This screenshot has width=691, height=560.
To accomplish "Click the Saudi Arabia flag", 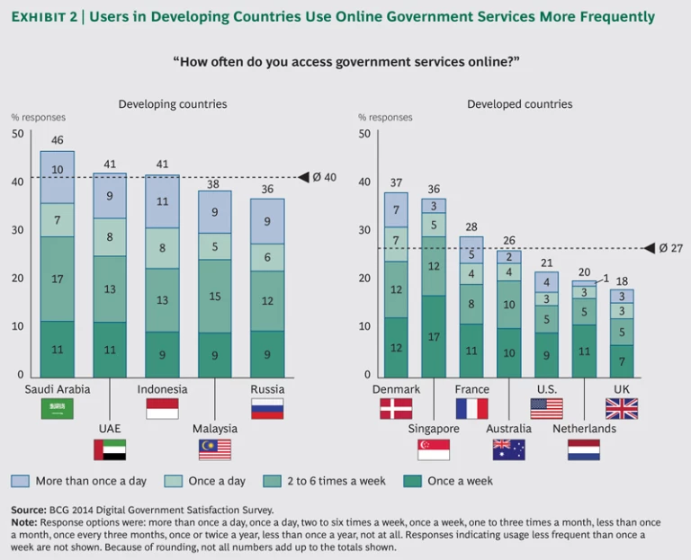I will pos(58,408).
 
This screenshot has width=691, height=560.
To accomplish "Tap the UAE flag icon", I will pos(110,449).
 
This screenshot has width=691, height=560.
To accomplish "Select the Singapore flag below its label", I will pos(434,449).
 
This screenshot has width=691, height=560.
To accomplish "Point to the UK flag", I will pos(622,408).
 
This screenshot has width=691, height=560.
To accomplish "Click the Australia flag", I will pos(509,449).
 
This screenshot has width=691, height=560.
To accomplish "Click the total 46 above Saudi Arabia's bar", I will pos(58,140).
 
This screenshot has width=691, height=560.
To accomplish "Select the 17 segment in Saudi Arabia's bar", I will pos(58,279).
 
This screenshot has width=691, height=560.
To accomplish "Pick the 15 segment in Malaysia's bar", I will pos(215,297).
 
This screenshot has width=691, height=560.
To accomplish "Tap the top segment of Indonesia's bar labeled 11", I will pos(163,201).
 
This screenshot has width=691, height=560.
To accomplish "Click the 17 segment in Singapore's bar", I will pos(434,337).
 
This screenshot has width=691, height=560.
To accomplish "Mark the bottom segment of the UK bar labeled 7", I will pos(622,361).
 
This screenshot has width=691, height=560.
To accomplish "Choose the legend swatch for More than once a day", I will pos(20,481).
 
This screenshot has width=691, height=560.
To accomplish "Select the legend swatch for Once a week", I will pos(412,481).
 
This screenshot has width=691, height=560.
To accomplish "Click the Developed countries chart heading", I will pos(519,104).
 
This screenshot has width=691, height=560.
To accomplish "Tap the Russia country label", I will pos(267,389).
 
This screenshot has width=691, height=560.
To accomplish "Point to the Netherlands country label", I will pos(584,429).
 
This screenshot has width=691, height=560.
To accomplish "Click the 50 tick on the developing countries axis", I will pos(17,134).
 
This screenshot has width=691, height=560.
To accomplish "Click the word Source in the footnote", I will pos(29,509).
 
